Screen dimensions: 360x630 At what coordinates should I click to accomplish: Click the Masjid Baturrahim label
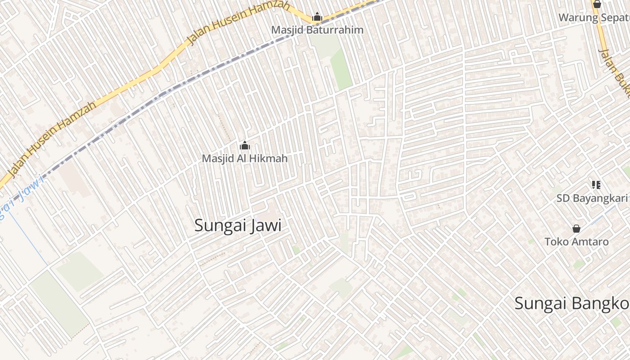click(x=317, y=30)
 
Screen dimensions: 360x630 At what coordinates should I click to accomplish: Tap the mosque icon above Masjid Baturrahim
click(x=317, y=17)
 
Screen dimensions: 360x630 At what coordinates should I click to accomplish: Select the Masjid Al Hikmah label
click(x=244, y=158)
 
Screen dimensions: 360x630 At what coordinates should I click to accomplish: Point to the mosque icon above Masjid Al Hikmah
click(x=245, y=145)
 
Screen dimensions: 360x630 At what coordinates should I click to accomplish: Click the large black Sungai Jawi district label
click(x=238, y=225)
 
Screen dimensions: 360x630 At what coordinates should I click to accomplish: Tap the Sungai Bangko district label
click(x=571, y=304)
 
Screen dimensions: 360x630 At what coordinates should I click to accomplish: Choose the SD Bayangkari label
click(x=592, y=198)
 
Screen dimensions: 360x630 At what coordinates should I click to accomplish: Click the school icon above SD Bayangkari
click(x=596, y=184)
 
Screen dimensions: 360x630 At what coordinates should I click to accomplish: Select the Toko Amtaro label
click(x=576, y=242)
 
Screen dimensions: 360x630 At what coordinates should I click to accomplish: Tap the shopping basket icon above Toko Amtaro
click(x=576, y=229)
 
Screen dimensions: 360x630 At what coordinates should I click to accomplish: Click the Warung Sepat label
click(x=594, y=18)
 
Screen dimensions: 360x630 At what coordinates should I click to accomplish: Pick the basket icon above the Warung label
click(x=597, y=4)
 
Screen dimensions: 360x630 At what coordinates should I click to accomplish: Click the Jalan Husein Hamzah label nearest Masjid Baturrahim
click(x=238, y=22)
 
